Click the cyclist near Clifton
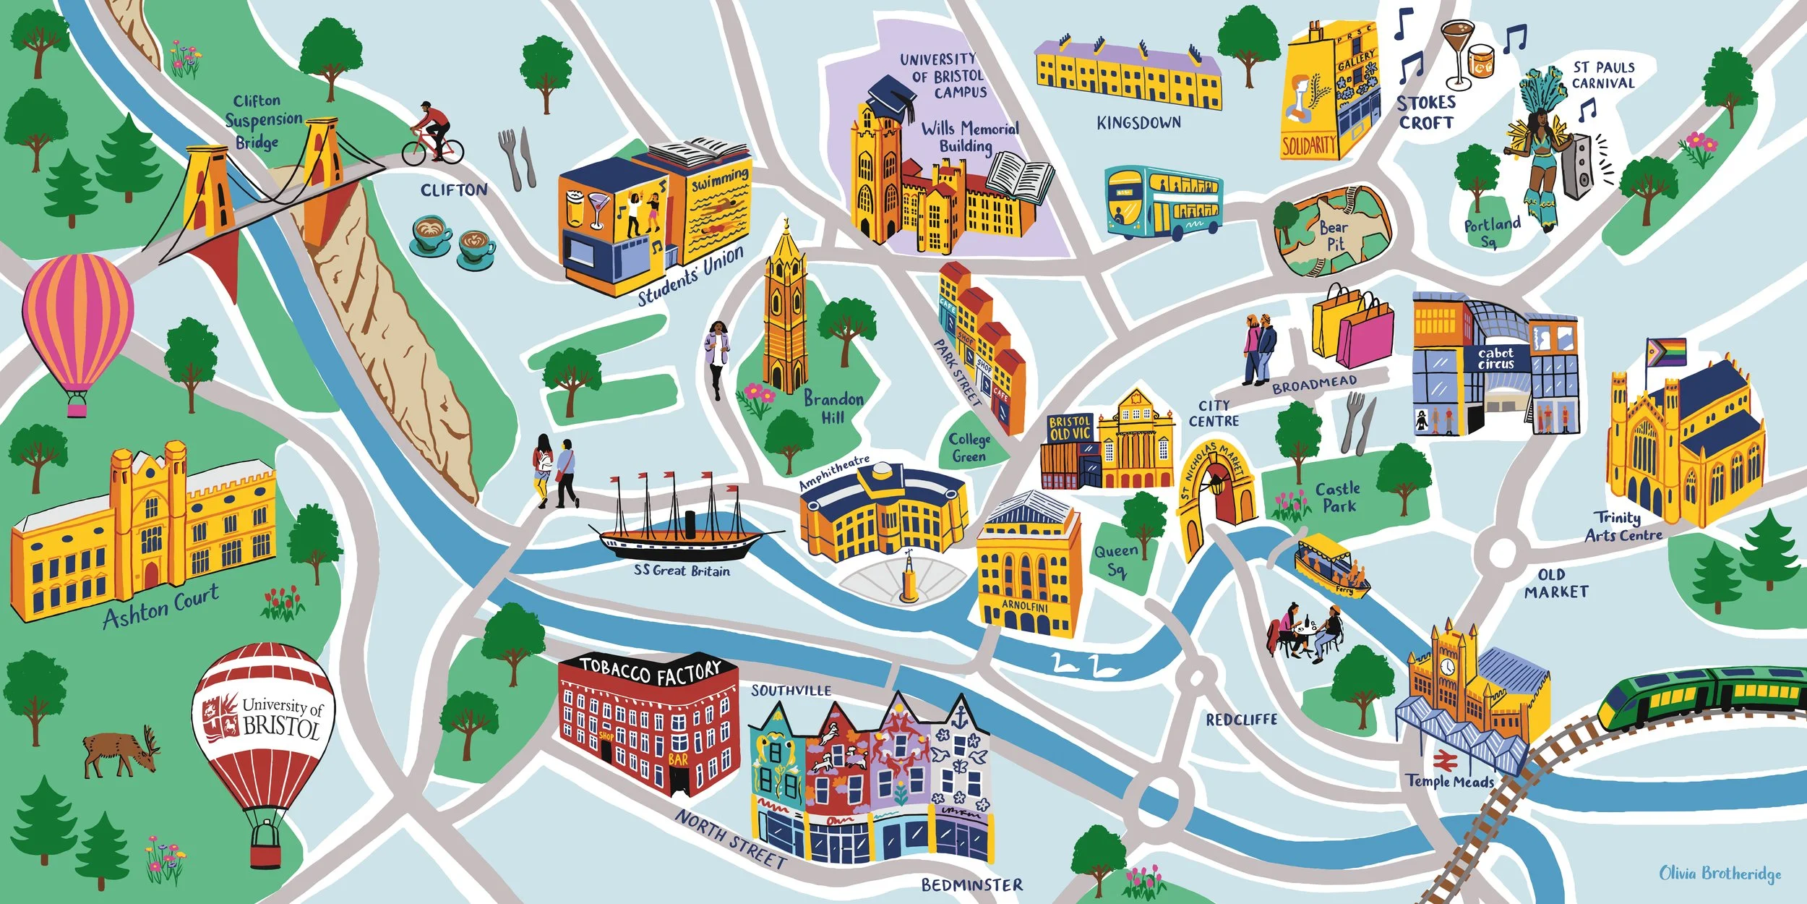(432, 135)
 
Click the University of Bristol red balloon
(264, 730)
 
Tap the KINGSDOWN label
(1138, 123)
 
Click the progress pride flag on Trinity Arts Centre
(1666, 352)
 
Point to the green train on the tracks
(1699, 694)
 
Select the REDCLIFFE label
(1241, 720)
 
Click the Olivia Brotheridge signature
(1720, 874)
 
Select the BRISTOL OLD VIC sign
(1069, 428)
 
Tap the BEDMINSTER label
(971, 885)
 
